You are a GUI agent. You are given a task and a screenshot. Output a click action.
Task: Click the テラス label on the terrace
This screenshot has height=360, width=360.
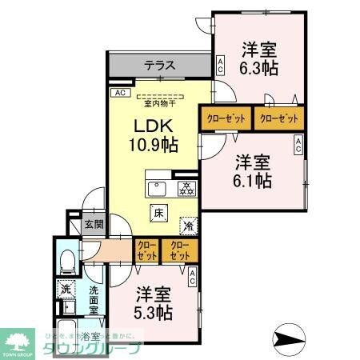point(161,66)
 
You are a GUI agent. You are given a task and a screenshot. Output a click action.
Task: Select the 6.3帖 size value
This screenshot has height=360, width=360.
point(258,68)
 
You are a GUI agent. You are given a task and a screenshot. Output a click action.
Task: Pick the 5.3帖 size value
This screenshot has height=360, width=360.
point(153,312)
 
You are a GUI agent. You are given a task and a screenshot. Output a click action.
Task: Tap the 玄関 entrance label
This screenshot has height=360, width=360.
point(94,226)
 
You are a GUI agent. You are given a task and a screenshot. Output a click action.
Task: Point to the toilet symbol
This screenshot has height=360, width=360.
point(67,258)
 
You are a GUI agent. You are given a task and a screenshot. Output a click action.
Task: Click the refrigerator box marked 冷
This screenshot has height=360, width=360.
point(188,226)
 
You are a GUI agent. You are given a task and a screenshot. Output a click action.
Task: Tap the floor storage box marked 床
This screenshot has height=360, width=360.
point(158,213)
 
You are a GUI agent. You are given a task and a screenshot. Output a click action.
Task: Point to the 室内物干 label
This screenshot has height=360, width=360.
point(159,102)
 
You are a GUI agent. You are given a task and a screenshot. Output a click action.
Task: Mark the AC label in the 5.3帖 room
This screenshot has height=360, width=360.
point(193,278)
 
